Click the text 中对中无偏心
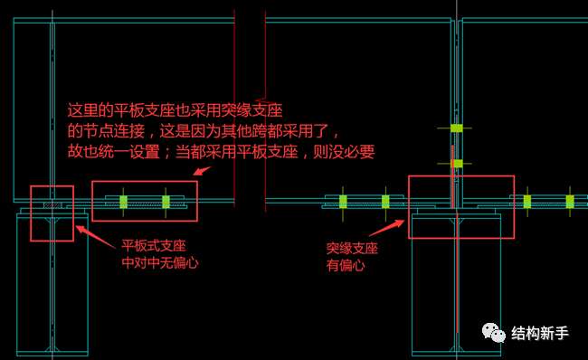coord(160,262)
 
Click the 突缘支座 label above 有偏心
coord(352,248)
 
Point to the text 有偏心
coord(345,265)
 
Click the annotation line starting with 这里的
coord(175,111)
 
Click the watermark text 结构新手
coord(540,334)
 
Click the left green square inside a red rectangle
coord(124,201)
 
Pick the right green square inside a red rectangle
coord(166,201)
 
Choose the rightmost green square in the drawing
coord(569,201)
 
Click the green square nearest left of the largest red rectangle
coord(385,201)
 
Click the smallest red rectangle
coord(52,213)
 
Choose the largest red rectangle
coord(461,207)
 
